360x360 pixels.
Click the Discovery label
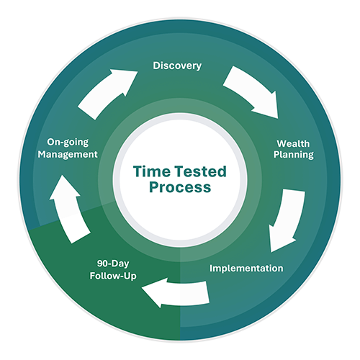[x=177, y=66]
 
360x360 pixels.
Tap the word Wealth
[x=293, y=143]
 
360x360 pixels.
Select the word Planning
[x=294, y=155]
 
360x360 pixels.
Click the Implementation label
[x=246, y=268]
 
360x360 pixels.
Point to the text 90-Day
[x=113, y=264]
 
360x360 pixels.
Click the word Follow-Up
[x=113, y=276]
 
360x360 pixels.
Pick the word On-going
[x=68, y=143]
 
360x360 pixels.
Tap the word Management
[x=68, y=154]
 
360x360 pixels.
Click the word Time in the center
[x=152, y=171]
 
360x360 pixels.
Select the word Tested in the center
[x=200, y=171]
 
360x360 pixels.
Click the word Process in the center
[x=180, y=188]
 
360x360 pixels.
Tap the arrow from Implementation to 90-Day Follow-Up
[x=178, y=293]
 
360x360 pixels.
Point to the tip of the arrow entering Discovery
[x=138, y=71]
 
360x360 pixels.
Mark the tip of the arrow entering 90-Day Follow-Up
[x=142, y=287]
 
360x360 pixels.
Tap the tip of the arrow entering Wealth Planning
[x=278, y=119]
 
